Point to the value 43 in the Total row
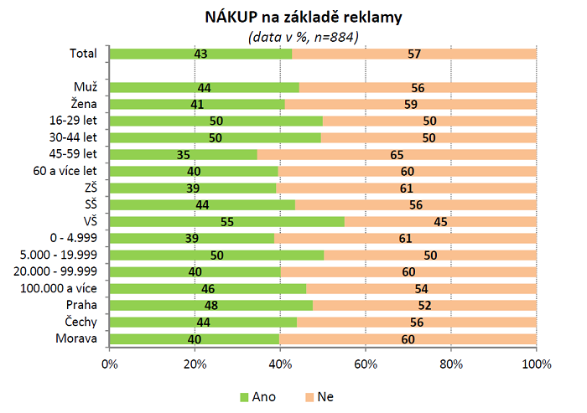click(200, 54)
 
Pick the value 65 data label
click(397, 155)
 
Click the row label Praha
click(81, 306)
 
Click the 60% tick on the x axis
click(366, 364)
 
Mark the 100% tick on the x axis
click(537, 364)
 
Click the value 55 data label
click(226, 222)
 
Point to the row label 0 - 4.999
click(74, 239)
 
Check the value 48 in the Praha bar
click(211, 306)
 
